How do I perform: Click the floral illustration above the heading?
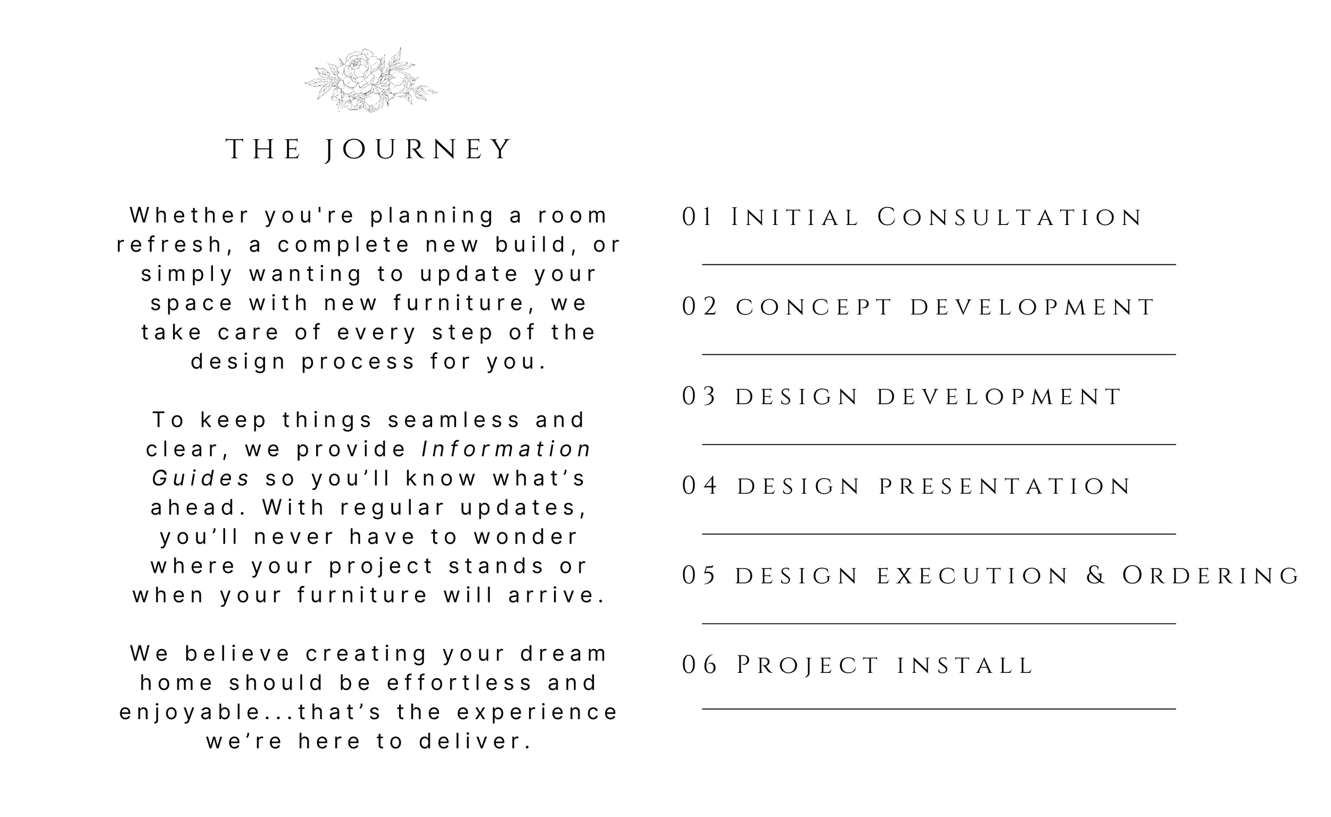click(x=371, y=80)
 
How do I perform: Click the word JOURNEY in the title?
click(x=418, y=149)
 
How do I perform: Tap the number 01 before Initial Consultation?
click(x=697, y=217)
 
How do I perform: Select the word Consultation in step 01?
click(x=1010, y=217)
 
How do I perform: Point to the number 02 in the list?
click(x=699, y=307)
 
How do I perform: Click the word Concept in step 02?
click(x=814, y=307)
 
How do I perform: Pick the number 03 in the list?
click(x=698, y=397)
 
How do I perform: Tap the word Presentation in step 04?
click(x=1005, y=486)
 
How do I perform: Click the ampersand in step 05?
click(x=1096, y=576)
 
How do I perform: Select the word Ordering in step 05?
click(x=1210, y=576)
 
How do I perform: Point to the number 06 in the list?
click(x=699, y=665)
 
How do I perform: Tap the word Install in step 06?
click(x=965, y=666)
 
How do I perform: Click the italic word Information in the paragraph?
click(x=506, y=449)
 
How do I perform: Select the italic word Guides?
click(x=201, y=478)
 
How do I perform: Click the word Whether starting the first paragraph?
click(x=191, y=215)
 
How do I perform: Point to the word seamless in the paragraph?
click(x=454, y=420)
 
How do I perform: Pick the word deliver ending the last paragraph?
click(x=475, y=741)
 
